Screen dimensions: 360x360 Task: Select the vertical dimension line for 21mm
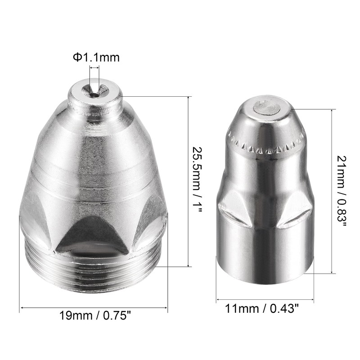(332, 191)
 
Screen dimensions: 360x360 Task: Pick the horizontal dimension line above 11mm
(265, 299)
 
